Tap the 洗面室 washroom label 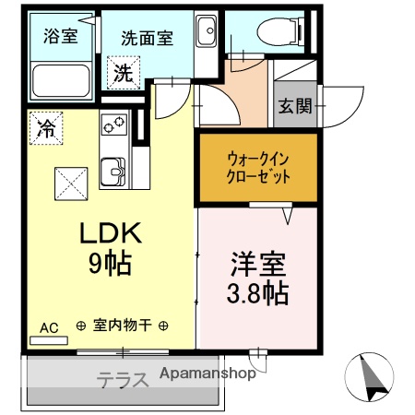pos(148,39)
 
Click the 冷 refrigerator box pos(43,128)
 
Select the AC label pos(48,326)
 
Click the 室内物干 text pos(121,326)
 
